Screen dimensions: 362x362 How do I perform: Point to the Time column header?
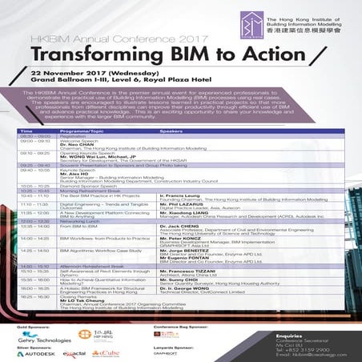(x=26, y=130)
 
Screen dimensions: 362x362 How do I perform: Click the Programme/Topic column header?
(x=81, y=130)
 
